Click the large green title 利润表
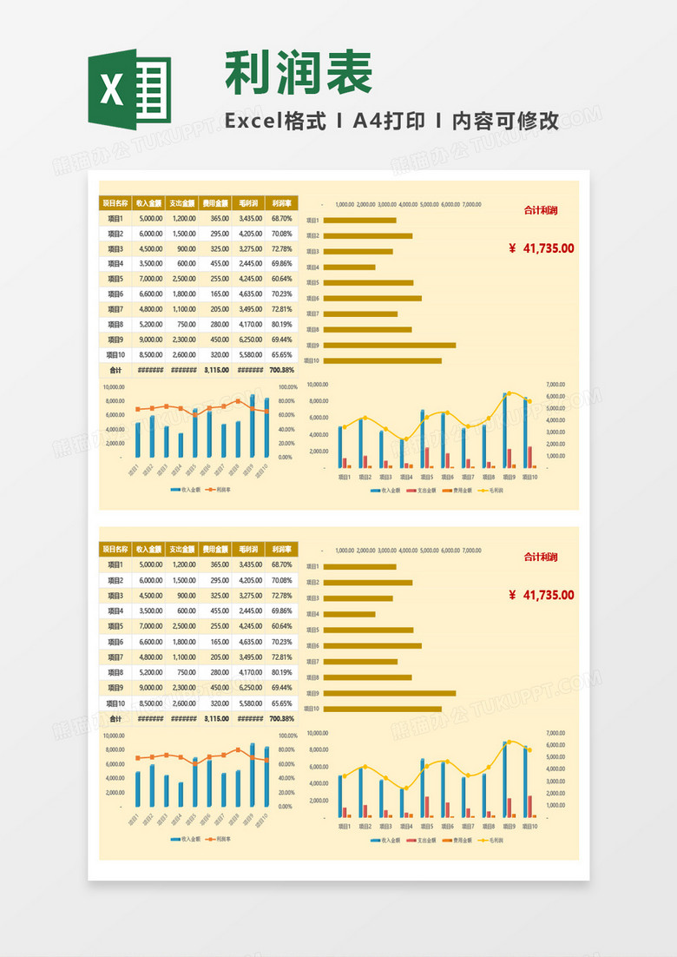[299, 72]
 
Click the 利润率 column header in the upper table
[281, 203]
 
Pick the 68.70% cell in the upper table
[281, 219]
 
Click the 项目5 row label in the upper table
[115, 279]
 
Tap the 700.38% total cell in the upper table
[281, 370]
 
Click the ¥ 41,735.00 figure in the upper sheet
[542, 248]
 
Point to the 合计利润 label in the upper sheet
[541, 210]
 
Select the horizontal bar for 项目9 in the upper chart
[390, 345]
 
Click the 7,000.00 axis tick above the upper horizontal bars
[471, 205]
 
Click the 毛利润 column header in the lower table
[250, 550]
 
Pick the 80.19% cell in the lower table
[281, 672]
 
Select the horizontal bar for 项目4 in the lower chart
[350, 614]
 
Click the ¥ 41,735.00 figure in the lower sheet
[542, 595]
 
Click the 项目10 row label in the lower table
[115, 703]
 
